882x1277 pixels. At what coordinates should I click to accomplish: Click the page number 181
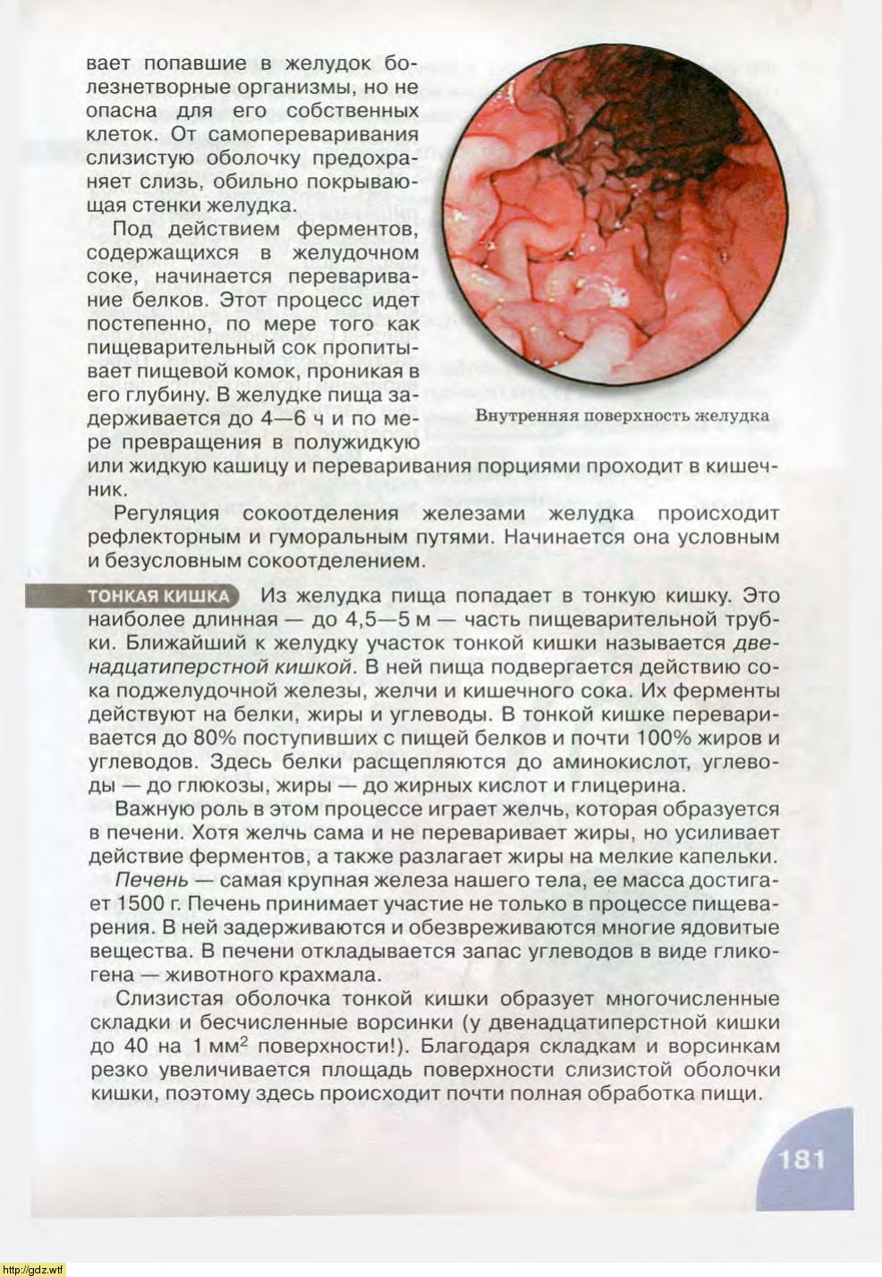[801, 1159]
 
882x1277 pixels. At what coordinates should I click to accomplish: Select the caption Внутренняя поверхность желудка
[622, 416]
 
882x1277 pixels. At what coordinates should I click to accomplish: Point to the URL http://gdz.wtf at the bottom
[33, 1269]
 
